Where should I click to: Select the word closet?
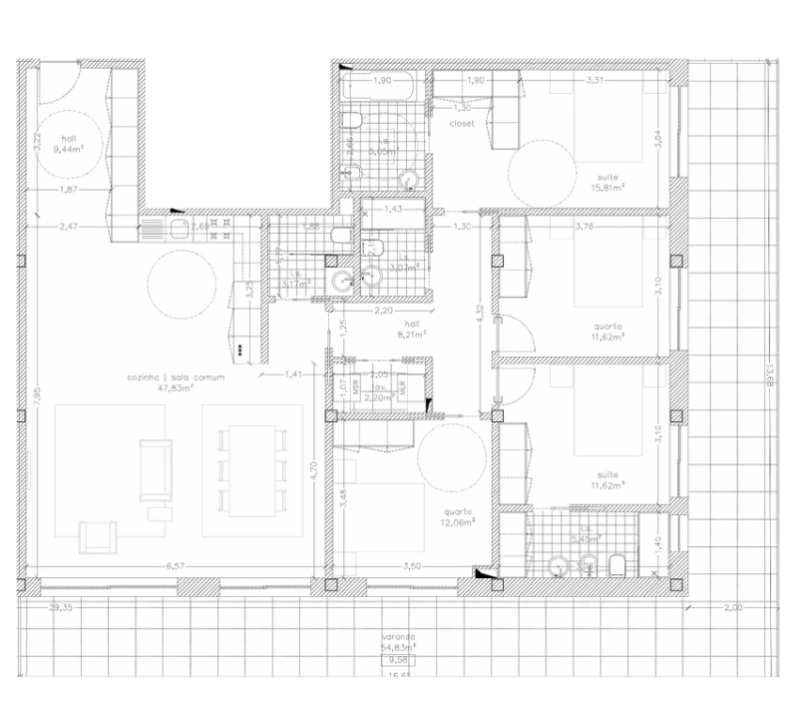click(462, 124)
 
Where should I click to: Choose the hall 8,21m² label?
click(411, 330)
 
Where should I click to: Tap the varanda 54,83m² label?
click(399, 642)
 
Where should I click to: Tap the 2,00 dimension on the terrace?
click(732, 607)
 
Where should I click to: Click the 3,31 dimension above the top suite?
click(596, 80)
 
